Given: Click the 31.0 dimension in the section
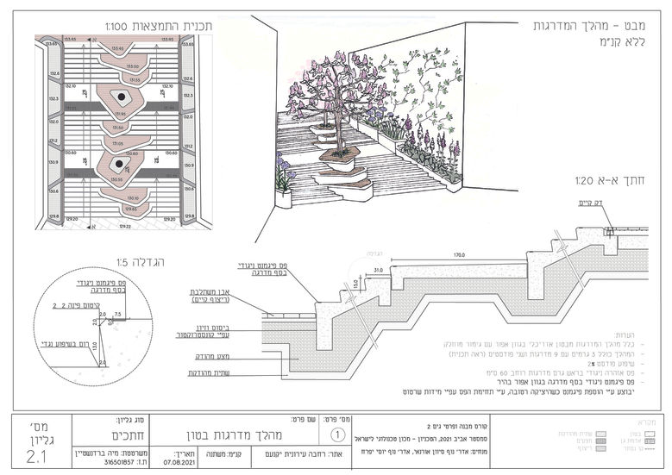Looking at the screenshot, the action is tap(378, 270).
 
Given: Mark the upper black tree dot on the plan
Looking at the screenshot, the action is tap(123, 97).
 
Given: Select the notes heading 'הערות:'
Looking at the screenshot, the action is tap(625, 334).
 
